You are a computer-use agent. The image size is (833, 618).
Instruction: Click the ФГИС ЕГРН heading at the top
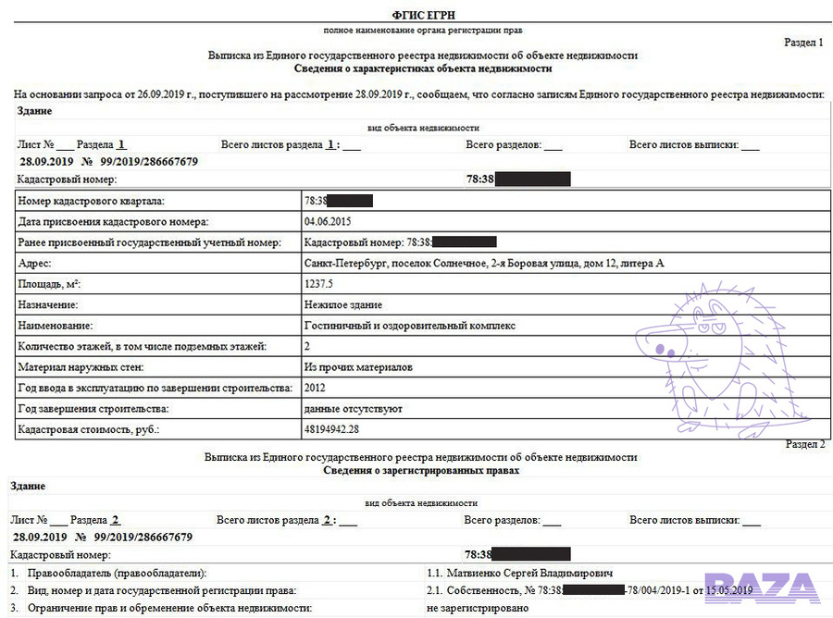click(x=423, y=16)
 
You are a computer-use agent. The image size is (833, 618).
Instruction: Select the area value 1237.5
click(x=318, y=284)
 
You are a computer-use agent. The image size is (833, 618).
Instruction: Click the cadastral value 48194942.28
click(x=331, y=429)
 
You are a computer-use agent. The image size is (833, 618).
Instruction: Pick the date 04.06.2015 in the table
click(x=328, y=222)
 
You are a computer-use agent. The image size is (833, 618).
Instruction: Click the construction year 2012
click(x=316, y=388)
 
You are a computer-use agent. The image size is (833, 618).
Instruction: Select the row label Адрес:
click(x=34, y=264)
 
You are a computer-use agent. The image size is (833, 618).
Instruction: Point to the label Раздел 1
click(x=803, y=43)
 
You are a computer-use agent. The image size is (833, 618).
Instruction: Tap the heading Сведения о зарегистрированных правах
click(x=421, y=470)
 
